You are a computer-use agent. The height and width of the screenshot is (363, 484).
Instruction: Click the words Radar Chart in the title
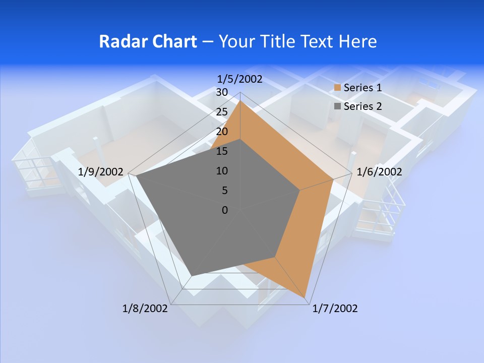(148, 41)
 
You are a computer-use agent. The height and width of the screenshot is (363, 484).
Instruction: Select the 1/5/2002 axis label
(240, 79)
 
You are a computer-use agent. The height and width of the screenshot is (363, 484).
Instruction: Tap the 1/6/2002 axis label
(379, 172)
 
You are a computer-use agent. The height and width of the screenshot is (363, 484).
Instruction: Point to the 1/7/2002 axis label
(335, 309)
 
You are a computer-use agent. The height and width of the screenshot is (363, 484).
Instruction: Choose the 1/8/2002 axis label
(145, 309)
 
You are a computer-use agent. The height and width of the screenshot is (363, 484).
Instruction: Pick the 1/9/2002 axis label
(101, 172)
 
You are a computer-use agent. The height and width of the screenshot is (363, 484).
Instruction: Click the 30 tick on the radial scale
(222, 92)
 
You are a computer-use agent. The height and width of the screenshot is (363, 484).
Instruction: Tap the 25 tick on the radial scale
(222, 112)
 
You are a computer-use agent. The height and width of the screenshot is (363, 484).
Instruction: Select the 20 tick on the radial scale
(222, 132)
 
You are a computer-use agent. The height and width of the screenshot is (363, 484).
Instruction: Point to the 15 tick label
(222, 151)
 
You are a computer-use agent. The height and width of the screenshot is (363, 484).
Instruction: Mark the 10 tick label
(222, 171)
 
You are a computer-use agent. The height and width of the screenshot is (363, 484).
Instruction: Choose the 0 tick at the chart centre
(225, 210)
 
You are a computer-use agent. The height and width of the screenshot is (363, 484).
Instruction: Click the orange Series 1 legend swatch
(337, 88)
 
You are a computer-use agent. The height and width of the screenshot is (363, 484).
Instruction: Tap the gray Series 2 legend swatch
(337, 106)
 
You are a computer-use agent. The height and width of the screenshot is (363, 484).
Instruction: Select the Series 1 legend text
(362, 88)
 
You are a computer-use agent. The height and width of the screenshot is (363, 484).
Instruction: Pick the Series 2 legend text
(362, 106)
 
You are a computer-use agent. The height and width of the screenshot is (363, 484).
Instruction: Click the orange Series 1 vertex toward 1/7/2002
(306, 299)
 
